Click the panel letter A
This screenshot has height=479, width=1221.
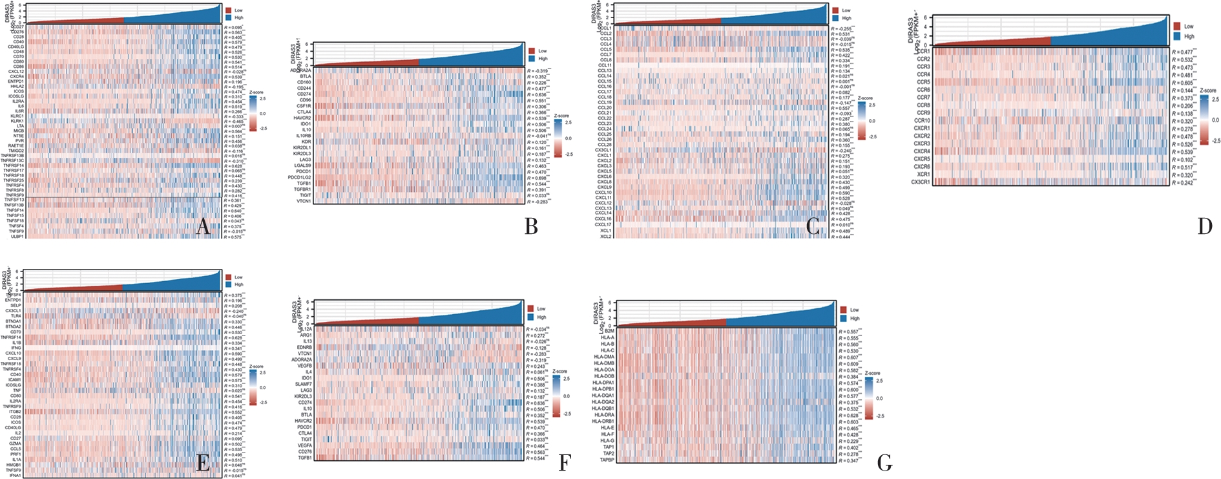coord(203,227)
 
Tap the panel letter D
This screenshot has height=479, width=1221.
coord(1204,226)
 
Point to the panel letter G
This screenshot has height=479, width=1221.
coord(884,462)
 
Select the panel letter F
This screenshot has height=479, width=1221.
coord(565,462)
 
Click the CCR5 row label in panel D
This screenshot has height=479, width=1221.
coord(923,82)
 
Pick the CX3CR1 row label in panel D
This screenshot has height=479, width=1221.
coord(921,182)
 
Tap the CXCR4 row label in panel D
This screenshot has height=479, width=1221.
coord(922,151)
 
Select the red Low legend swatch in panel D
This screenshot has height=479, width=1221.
coord(1176,27)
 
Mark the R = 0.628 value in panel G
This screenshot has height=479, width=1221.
coord(849,416)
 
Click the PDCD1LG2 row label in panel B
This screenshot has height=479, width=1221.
coord(299,177)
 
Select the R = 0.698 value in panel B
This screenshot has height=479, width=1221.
coord(537,177)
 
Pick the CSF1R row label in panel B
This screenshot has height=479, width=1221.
coord(304,106)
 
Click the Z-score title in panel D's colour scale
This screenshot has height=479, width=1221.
coord(1207,91)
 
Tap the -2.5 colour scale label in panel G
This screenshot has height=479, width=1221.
coord(879,416)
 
